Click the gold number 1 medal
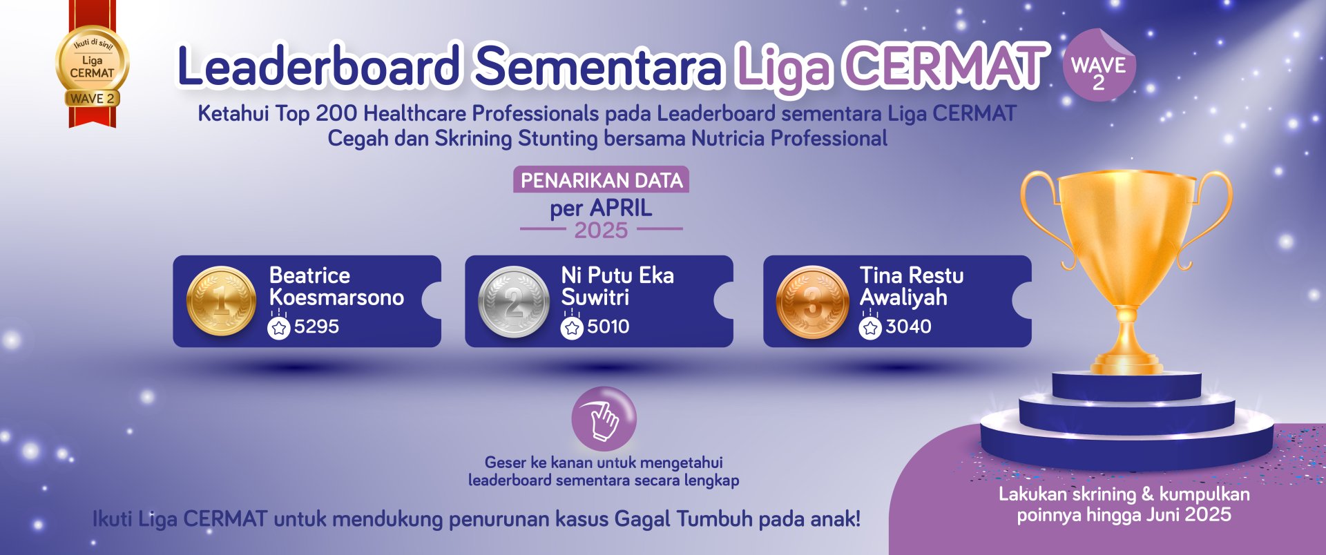click(x=221, y=302)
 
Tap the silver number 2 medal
click(x=514, y=302)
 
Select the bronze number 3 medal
click(x=813, y=302)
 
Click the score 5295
click(x=316, y=327)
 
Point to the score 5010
click(x=608, y=327)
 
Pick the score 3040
click(x=908, y=327)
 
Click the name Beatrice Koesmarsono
click(x=336, y=286)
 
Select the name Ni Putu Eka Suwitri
click(x=617, y=286)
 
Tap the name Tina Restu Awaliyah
click(x=912, y=286)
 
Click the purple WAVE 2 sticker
click(x=1099, y=66)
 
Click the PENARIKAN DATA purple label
click(x=602, y=180)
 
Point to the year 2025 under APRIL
click(x=601, y=231)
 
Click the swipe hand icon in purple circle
click(x=604, y=419)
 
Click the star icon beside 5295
click(x=279, y=328)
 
